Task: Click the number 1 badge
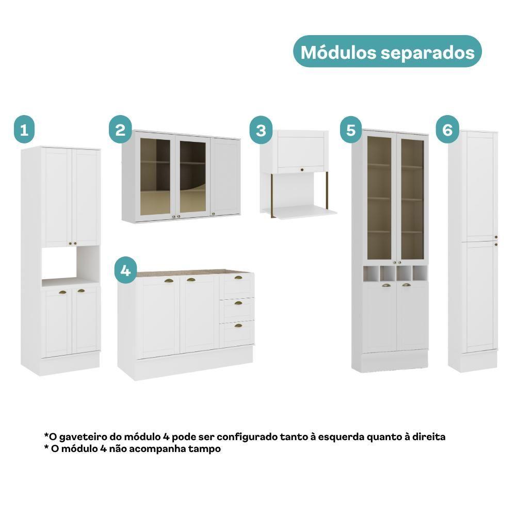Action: pos(24,130)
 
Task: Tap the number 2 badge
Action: pos(120,130)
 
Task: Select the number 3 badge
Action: pos(261,130)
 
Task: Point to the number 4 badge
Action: pos(125,271)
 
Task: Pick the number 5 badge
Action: pos(351,130)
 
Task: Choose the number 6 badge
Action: pos(447,130)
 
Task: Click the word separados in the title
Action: pos(428,53)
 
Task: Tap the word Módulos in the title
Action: pos(338,52)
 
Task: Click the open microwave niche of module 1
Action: pos(70,263)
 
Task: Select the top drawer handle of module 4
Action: pos(238,278)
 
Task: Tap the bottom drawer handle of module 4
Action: pos(238,326)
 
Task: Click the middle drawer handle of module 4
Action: pos(238,303)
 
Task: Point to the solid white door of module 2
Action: pos(225,176)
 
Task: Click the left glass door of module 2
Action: pos(155,176)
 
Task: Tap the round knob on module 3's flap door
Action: pos(301,170)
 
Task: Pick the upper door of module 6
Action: pos(480,187)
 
